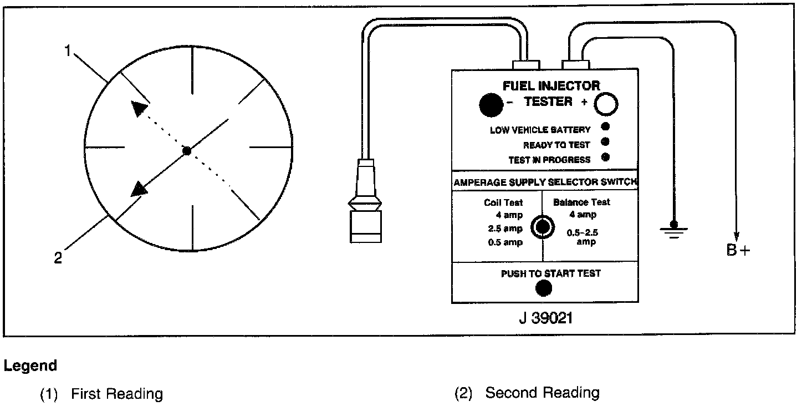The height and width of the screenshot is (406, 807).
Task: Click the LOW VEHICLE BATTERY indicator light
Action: [x=606, y=126]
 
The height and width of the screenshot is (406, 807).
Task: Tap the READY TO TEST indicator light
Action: [x=606, y=141]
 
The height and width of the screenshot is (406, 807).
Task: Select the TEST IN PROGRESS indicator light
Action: [x=606, y=157]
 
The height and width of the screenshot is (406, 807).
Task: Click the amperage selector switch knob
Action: [x=542, y=226]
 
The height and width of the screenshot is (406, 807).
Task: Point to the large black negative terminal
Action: [x=491, y=105]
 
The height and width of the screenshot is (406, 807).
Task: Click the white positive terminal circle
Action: [x=606, y=104]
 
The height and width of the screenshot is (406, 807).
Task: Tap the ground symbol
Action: [x=673, y=229]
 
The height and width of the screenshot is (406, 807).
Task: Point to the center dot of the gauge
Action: [x=187, y=151]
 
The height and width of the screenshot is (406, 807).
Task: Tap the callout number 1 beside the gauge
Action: [x=68, y=51]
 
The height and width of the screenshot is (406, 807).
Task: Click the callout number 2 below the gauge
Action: [x=58, y=258]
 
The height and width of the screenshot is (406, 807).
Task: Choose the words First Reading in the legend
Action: [x=117, y=394]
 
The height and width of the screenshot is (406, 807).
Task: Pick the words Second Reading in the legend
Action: [x=542, y=393]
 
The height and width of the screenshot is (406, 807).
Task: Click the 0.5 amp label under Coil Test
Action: [x=505, y=242]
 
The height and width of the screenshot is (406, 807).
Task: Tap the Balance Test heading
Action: [x=581, y=202]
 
